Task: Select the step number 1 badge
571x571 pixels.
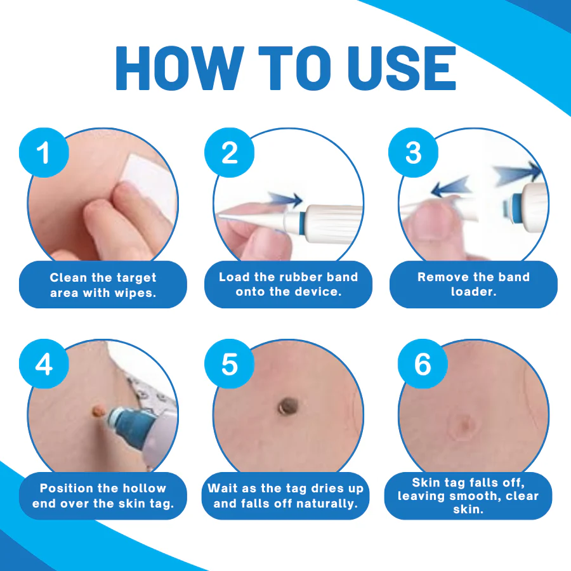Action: pos(44,153)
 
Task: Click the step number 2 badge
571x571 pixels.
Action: pos(229,153)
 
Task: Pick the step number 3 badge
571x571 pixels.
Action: pos(414,153)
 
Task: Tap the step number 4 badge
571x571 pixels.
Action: pos(44,364)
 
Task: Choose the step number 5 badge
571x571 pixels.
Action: pos(229,364)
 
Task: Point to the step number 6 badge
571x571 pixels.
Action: pos(423,364)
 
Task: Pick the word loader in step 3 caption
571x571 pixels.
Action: pos(473,292)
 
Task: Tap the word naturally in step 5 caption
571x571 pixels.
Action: pos(324,504)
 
